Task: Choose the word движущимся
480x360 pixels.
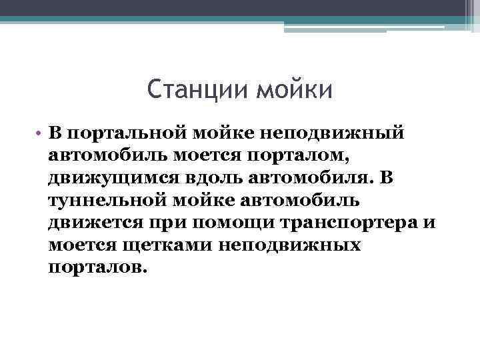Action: (109, 179)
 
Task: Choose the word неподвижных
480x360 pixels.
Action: (295, 245)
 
